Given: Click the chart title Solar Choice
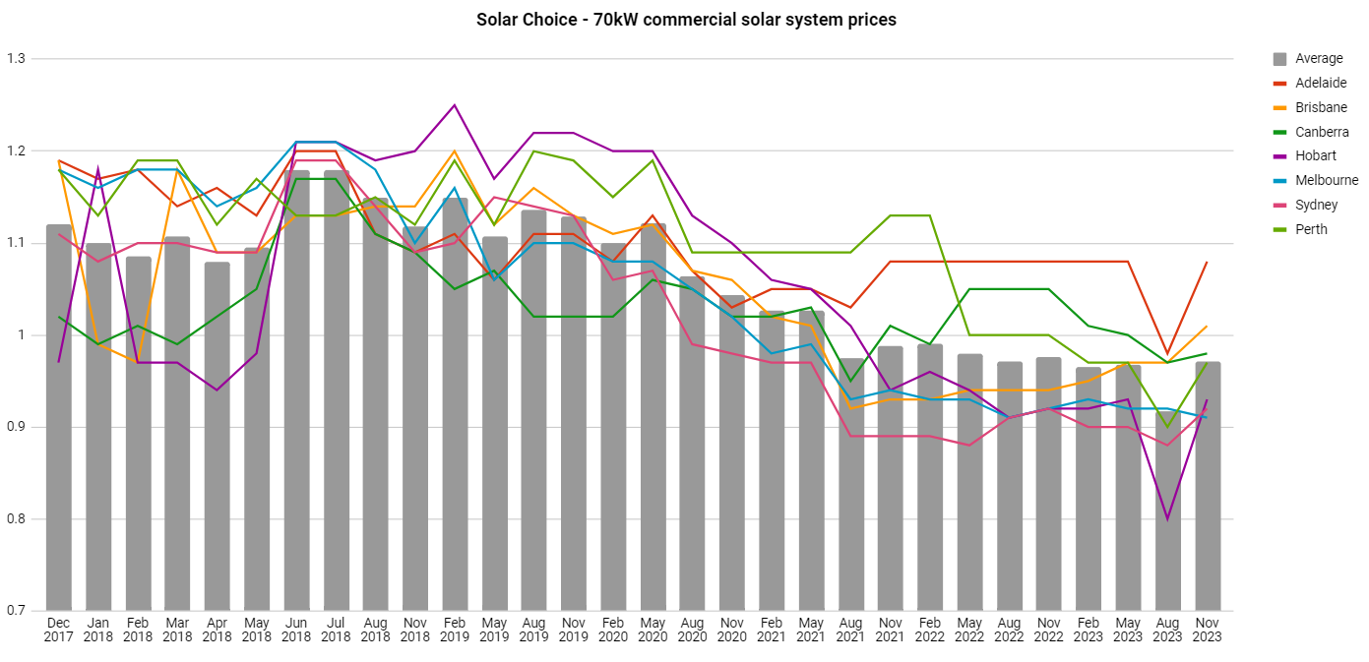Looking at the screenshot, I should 686,20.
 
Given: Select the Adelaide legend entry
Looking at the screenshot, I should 1321,83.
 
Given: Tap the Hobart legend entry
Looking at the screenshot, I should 1315,155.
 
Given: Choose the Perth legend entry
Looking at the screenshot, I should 1311,229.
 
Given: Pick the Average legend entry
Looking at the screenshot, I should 1319,59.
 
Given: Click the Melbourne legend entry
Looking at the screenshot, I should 1326,180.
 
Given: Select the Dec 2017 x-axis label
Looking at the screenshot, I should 59,630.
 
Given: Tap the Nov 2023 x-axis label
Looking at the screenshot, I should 1208,630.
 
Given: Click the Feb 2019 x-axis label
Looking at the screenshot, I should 455,630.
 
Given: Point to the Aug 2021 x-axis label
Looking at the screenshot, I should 851,630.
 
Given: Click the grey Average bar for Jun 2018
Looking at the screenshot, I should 296,393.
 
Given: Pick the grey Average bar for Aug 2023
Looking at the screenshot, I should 1168,512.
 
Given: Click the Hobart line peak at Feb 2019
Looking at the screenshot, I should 455,105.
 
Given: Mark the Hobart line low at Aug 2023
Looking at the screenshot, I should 1168,519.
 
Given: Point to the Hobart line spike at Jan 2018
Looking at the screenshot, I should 98,169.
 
